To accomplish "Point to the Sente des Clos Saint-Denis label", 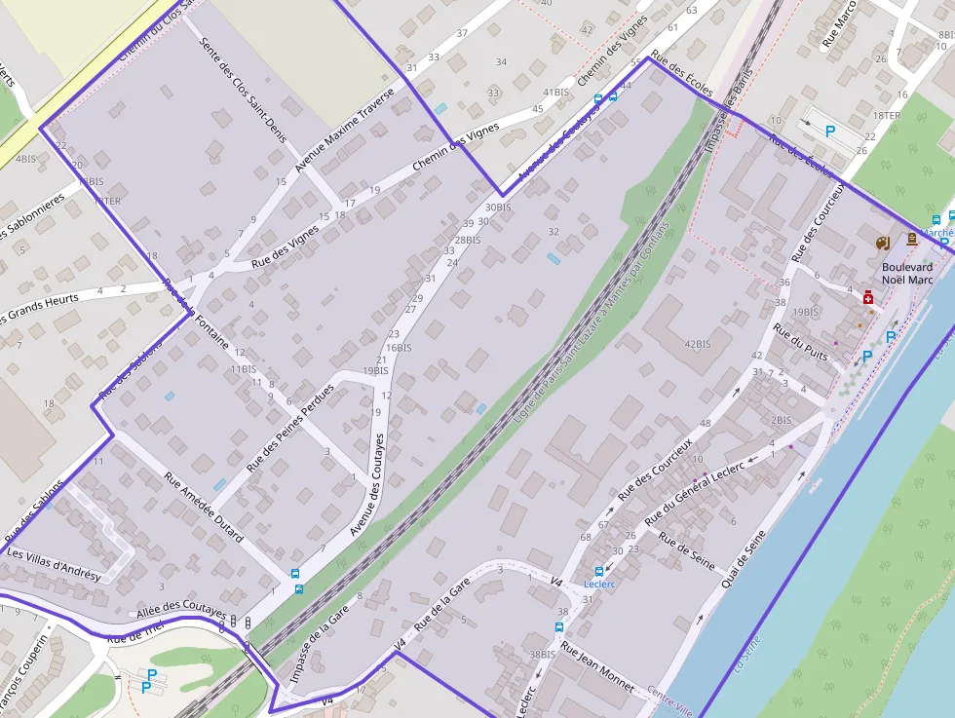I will tap(243, 89).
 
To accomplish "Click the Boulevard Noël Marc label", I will tap(906, 273).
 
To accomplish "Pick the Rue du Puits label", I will tap(800, 342).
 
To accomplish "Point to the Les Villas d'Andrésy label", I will tap(54, 564).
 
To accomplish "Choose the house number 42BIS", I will tap(698, 344).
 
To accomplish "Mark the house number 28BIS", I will tap(467, 240).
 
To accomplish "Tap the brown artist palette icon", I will tap(883, 242).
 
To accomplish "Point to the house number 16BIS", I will tap(399, 347).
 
